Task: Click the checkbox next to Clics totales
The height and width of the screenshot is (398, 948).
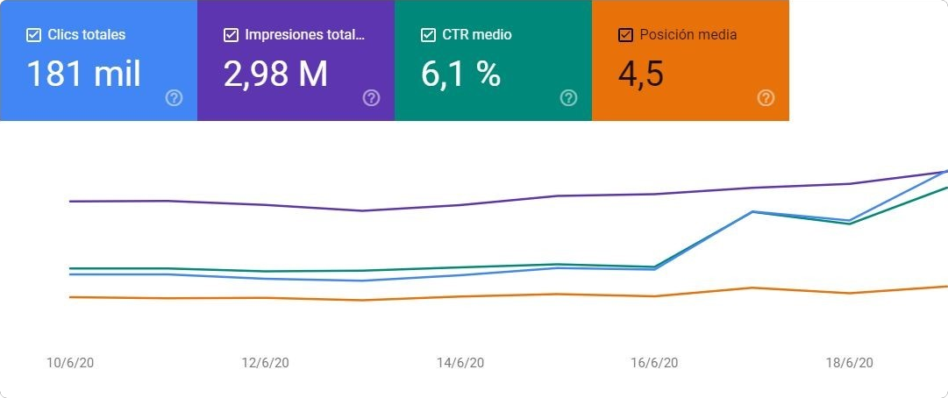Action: (34, 36)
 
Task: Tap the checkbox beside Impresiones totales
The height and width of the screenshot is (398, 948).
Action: (232, 36)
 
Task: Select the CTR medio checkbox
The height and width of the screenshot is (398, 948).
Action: (429, 36)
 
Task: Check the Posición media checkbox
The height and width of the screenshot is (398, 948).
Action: (626, 36)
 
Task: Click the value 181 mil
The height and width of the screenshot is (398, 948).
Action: (83, 75)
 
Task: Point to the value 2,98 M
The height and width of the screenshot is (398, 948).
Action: (275, 75)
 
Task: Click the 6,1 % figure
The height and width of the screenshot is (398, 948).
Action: (461, 75)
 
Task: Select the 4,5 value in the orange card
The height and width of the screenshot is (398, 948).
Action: (641, 75)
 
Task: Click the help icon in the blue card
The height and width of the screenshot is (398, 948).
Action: (174, 98)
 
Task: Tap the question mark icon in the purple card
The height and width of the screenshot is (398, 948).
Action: (371, 98)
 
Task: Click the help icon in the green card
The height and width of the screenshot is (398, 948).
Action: (568, 98)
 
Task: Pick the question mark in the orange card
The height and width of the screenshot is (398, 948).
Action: (766, 98)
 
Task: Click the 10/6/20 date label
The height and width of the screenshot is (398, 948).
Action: (70, 363)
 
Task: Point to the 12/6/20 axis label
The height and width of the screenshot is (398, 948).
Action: (265, 363)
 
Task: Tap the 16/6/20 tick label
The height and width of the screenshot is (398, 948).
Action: (655, 363)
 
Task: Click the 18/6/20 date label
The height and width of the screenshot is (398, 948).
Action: (850, 363)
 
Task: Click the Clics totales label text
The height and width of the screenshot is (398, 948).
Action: (87, 36)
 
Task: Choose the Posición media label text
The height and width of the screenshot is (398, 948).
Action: (688, 36)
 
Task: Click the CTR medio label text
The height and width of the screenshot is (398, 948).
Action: (477, 36)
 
